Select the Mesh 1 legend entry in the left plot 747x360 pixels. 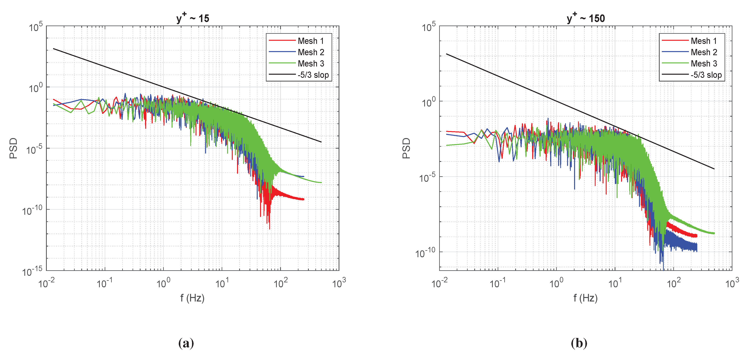point(310,41)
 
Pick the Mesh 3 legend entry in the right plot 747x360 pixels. point(704,64)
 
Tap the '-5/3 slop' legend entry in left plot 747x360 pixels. point(313,75)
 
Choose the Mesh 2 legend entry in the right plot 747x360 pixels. point(704,52)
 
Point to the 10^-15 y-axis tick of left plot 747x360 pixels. point(33,271)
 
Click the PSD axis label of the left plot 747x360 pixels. point(13,148)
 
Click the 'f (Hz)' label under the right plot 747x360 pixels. point(585,298)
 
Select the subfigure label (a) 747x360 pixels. point(186,343)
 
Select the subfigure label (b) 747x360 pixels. point(579,343)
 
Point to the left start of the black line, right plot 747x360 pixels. point(447,54)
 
